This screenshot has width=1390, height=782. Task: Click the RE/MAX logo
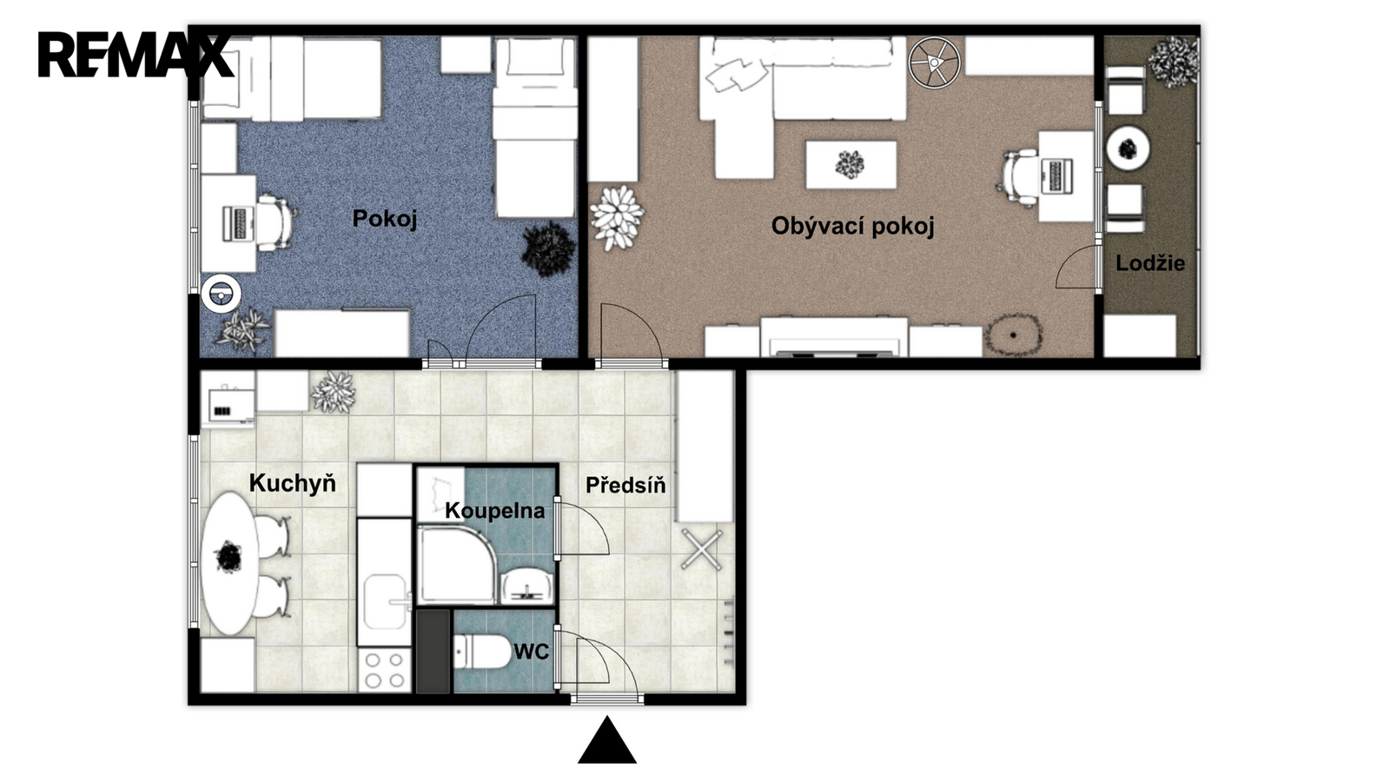[x=136, y=56]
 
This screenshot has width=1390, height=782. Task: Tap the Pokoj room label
[x=385, y=218]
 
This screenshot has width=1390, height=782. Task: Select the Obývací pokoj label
[x=852, y=226]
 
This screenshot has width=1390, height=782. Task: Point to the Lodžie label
[x=1150, y=263]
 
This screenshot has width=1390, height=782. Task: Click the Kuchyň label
[x=292, y=483]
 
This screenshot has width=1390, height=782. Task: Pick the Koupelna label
[x=494, y=511]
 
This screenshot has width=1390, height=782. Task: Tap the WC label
[x=531, y=652]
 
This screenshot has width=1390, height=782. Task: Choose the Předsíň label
[x=625, y=485]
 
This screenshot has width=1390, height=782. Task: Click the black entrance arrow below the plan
[x=607, y=740]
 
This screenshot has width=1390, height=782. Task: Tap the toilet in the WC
[x=481, y=651]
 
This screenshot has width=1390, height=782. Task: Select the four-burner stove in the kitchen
[x=383, y=670]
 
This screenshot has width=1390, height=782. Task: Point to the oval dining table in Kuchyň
[x=229, y=563]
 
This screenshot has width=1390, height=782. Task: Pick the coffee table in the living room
[x=851, y=164]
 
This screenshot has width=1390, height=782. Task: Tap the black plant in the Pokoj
[x=548, y=249]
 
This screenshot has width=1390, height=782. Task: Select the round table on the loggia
[x=1129, y=149]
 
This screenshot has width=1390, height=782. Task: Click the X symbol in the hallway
[x=702, y=549]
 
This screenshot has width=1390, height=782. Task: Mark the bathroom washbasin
[x=526, y=587]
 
